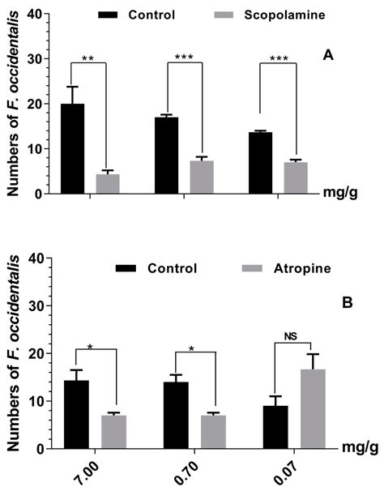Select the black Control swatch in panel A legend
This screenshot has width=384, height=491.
point(111,15)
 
